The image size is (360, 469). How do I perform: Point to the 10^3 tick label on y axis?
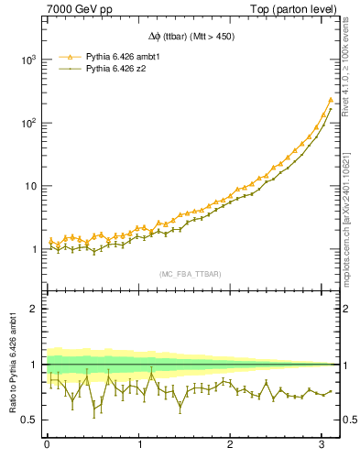(x=28, y=60)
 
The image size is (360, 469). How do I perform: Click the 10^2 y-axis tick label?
(x=28, y=123)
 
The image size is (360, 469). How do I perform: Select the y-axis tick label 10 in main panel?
(x=31, y=186)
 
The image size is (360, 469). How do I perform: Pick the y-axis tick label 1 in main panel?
(x=35, y=249)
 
